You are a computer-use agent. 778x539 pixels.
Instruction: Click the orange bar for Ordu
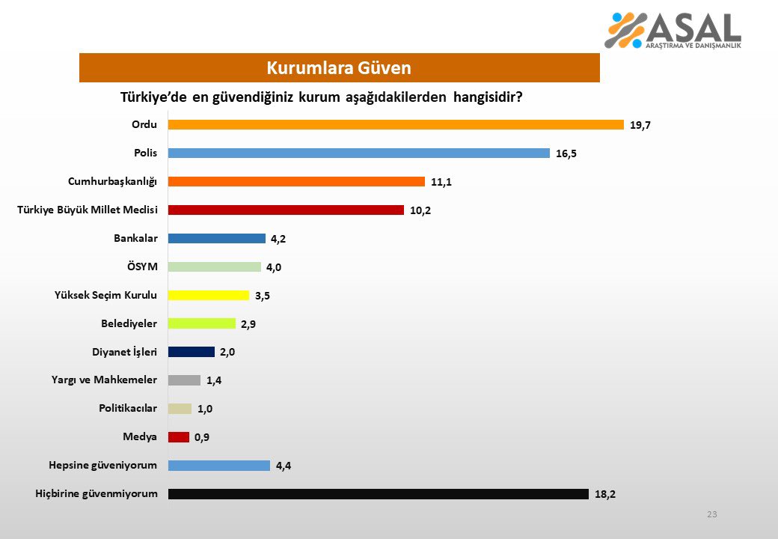[x=396, y=124]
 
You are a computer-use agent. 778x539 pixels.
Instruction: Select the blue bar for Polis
[x=359, y=153]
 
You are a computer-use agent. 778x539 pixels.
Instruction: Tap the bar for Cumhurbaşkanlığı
[x=296, y=181]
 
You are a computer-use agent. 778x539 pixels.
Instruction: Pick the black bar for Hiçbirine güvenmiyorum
[x=378, y=494]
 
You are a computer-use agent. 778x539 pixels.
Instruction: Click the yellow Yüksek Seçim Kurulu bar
[x=209, y=295]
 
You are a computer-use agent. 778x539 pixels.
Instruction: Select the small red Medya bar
[x=179, y=436]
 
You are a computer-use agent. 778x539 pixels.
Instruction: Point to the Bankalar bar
[x=217, y=238]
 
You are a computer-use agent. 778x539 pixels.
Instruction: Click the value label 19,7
[x=640, y=125]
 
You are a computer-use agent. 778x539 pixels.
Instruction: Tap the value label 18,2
[x=605, y=494]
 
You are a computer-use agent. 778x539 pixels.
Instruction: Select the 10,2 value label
[x=420, y=210]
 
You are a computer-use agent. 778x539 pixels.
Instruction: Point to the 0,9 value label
[x=201, y=437]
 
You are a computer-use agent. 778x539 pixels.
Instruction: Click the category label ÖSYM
[x=142, y=267]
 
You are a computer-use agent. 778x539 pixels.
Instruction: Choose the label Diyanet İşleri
[x=124, y=352]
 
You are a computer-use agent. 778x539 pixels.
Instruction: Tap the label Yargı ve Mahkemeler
[x=104, y=380]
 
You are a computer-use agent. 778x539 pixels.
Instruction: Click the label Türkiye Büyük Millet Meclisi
[x=88, y=210]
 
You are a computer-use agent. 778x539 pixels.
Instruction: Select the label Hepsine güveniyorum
[x=102, y=466]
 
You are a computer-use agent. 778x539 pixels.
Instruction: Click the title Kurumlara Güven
[x=339, y=67]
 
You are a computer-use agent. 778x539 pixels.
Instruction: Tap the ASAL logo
[x=673, y=30]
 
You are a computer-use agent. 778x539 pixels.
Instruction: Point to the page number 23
[x=712, y=514]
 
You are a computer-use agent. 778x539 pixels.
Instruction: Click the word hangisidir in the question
[x=488, y=97]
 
